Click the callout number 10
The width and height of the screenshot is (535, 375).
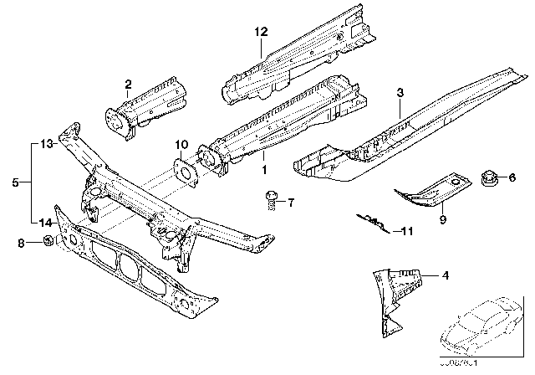click(x=181, y=143)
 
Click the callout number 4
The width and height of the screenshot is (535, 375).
click(x=444, y=275)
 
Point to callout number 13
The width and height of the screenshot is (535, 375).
click(x=45, y=143)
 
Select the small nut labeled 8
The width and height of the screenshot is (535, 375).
click(x=49, y=243)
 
